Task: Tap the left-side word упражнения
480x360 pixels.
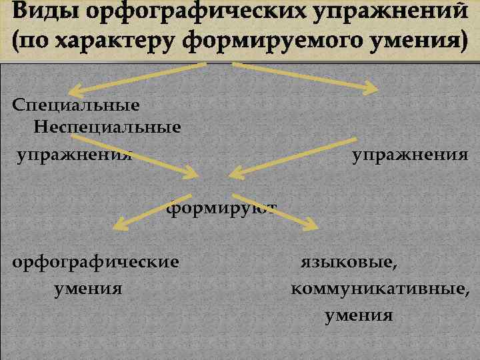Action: (75, 155)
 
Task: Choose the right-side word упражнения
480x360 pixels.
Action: (409, 155)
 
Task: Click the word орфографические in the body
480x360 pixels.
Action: (96, 261)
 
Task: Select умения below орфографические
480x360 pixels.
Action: (87, 289)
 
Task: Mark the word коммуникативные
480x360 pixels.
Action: (380, 289)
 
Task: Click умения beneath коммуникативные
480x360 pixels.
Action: (359, 315)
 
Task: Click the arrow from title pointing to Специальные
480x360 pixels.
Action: (137, 78)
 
